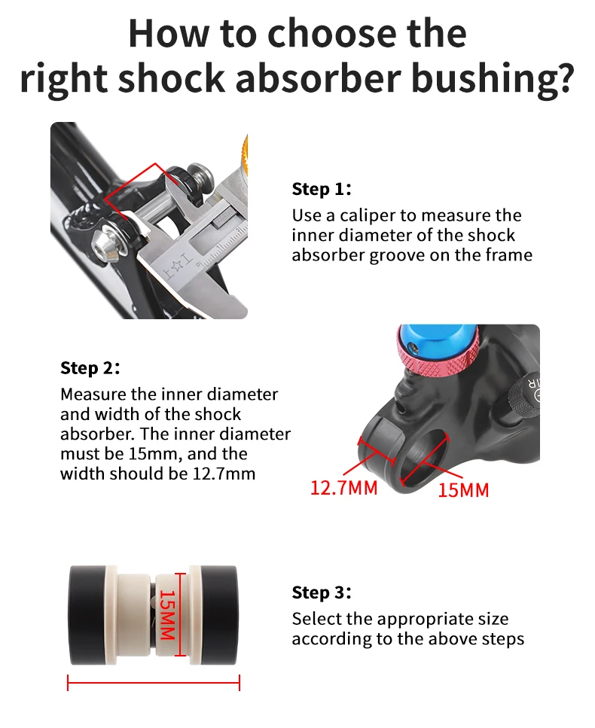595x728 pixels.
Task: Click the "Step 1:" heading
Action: coord(322,189)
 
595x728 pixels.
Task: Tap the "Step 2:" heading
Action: coord(90,367)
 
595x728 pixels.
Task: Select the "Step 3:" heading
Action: coord(322,592)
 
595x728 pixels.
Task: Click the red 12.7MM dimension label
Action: coord(343,488)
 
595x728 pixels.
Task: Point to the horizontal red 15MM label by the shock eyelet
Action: coord(463,490)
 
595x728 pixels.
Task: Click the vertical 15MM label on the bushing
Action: coord(167,614)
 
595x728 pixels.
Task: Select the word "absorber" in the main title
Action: coord(318,78)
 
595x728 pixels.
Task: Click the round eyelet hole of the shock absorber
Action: coord(423,457)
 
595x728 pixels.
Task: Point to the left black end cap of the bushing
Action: coord(87,614)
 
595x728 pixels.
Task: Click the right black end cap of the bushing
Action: coord(219,614)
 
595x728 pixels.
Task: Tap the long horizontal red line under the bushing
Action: coord(154,683)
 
